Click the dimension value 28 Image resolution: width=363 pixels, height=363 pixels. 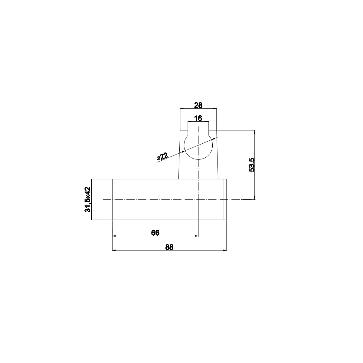coord(198,105)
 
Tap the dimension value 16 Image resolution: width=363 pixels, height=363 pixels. coord(198,118)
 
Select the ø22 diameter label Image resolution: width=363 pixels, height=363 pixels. coord(162,156)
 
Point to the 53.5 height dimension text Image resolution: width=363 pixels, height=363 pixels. coord(252,165)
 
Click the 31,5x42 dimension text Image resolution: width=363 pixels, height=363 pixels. coord(88,199)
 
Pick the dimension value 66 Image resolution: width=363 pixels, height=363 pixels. coord(155,233)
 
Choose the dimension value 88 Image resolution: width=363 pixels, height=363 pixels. coord(169,247)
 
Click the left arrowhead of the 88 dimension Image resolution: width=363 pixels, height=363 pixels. coord(114,250)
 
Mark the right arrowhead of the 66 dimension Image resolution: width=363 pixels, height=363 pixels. coord(197,236)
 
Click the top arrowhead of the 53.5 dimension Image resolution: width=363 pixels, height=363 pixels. coord(255,132)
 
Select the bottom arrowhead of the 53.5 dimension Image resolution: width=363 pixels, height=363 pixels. coord(255,198)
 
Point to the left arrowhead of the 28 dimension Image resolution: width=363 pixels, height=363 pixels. coord(182,108)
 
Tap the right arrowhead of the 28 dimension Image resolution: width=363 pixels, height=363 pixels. coord(215,108)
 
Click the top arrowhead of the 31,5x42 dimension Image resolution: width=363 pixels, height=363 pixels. coord(92,181)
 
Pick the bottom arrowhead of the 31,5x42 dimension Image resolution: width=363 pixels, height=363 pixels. coord(92,218)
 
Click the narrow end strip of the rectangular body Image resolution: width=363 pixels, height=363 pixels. coord(225,199)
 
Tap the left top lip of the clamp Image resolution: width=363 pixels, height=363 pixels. coord(184,130)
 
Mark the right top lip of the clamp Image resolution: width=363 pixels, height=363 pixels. coord(213,130)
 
